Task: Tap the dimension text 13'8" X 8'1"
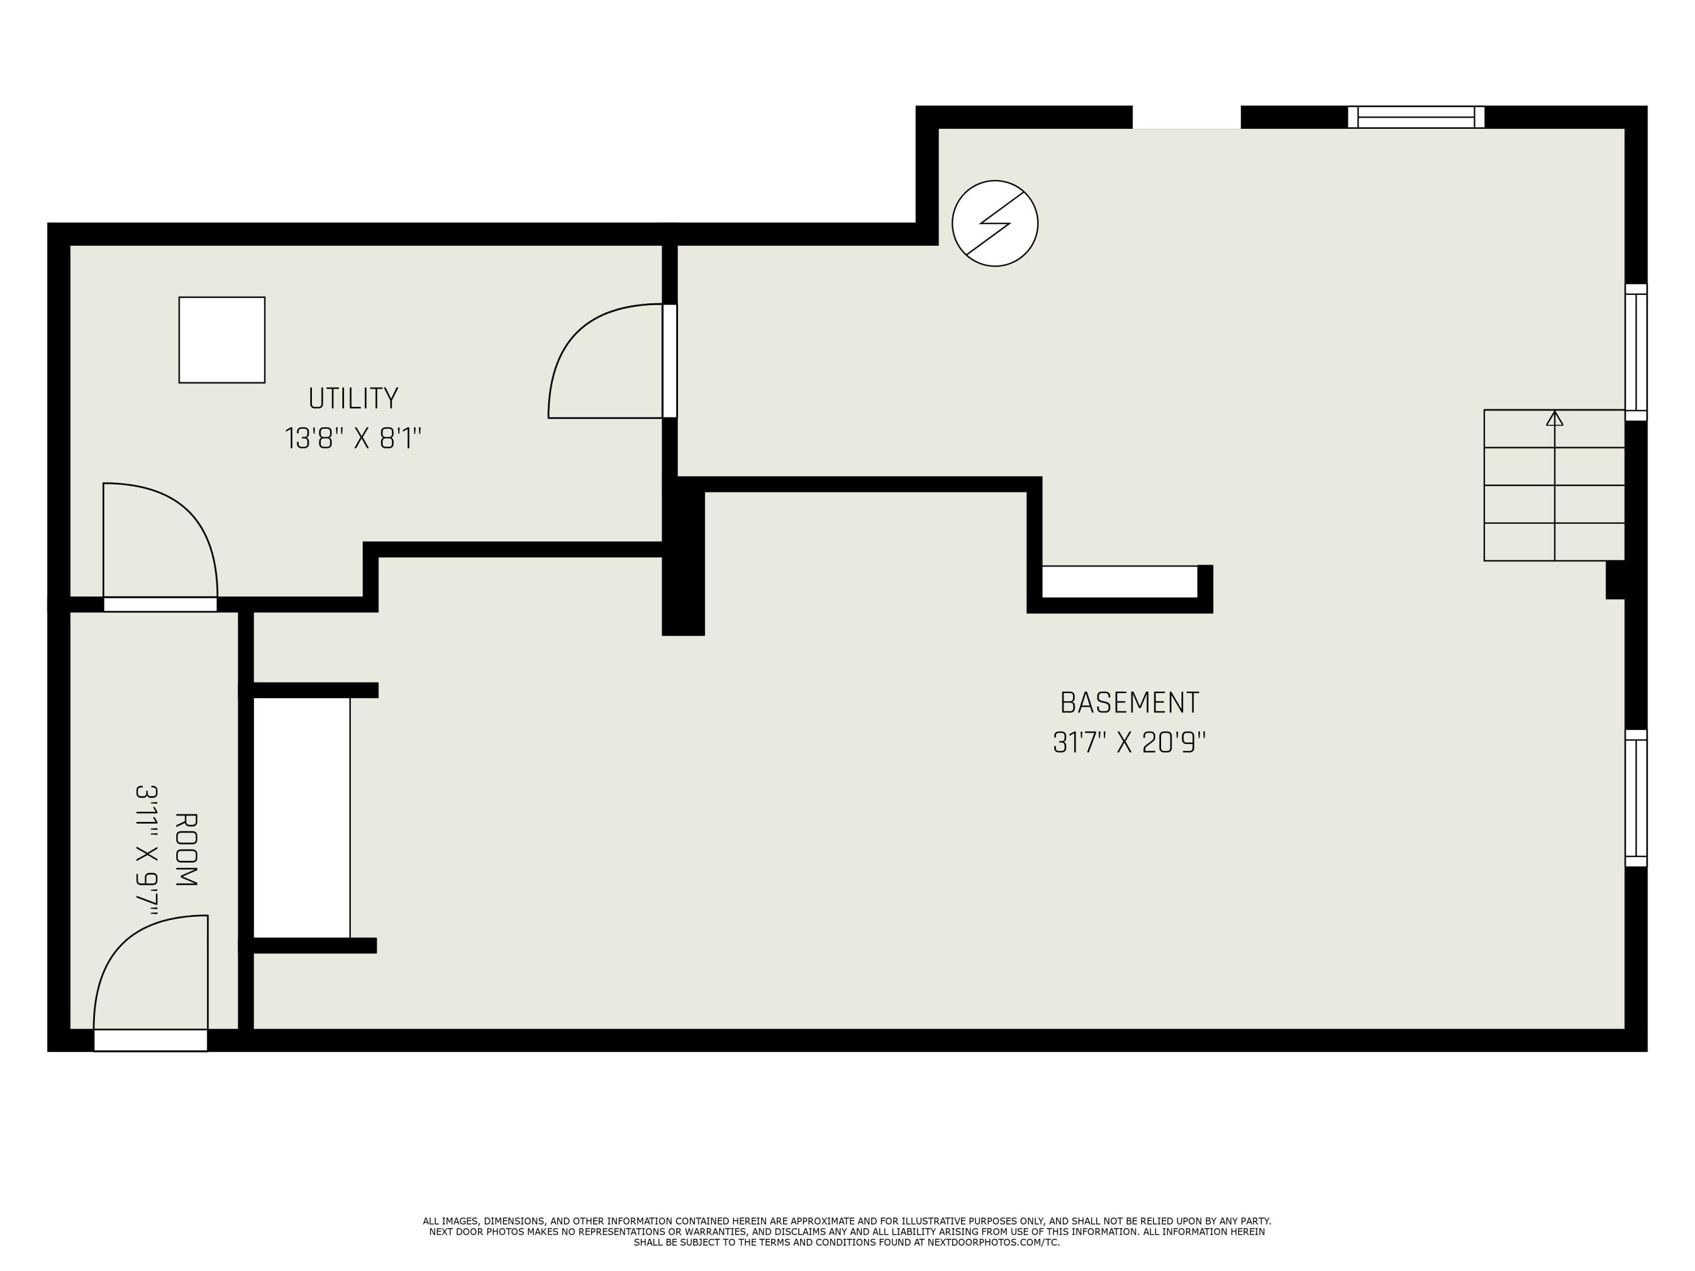coord(353,439)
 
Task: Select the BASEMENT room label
coord(1129,703)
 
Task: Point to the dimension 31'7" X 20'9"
coord(1129,742)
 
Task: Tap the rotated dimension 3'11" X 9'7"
coord(146,850)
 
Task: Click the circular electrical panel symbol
coord(994,224)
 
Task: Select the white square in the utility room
coord(221,339)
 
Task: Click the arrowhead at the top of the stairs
coord(1554,419)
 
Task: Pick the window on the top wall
coord(1416,117)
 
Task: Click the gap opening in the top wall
coord(1186,117)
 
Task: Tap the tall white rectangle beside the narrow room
coord(301,817)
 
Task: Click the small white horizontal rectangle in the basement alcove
coord(1119,581)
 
